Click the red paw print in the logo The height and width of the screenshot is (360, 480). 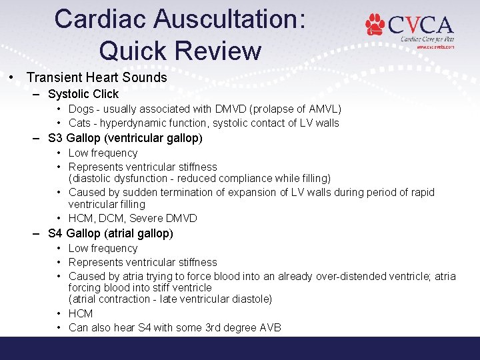pyautogui.click(x=375, y=24)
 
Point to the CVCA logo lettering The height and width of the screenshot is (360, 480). pyautogui.click(x=421, y=25)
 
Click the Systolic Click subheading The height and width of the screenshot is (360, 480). pyautogui.click(x=83, y=94)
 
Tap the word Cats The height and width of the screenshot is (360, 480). pyautogui.click(x=80, y=123)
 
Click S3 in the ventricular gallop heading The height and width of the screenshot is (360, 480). pyautogui.click(x=56, y=138)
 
